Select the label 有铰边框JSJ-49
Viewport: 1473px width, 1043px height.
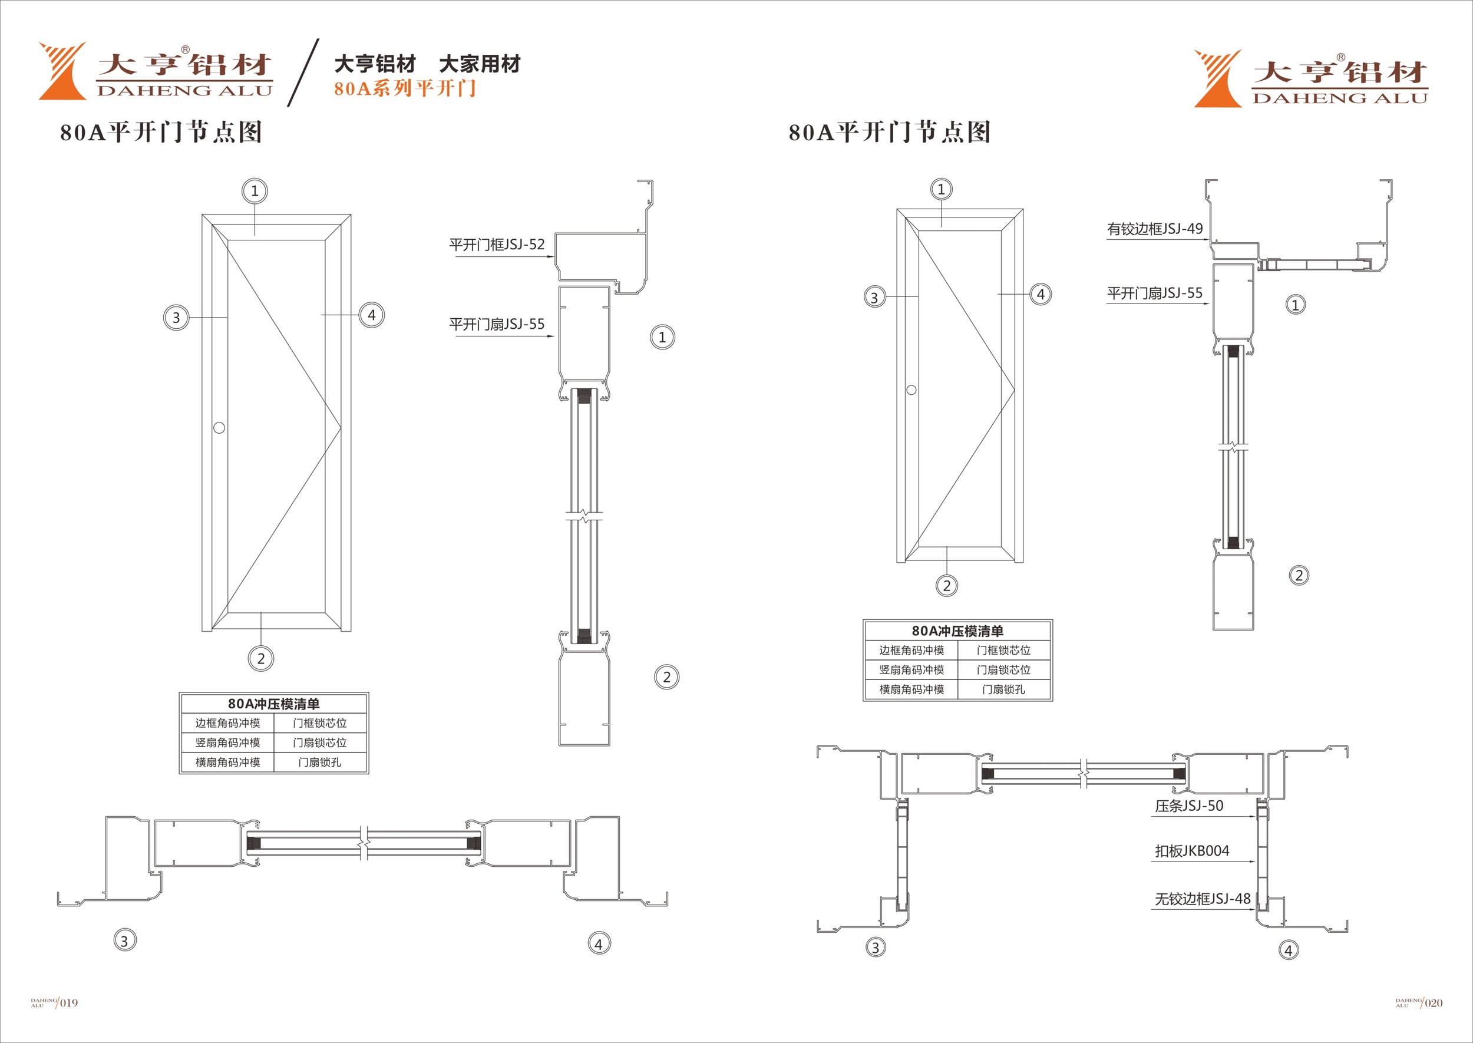1154,229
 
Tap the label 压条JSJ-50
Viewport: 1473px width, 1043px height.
1188,806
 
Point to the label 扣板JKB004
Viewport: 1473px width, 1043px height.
1192,851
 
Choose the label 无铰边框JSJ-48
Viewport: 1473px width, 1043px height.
1202,899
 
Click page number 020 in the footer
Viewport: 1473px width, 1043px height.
1433,1003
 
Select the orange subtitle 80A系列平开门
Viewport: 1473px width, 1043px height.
405,88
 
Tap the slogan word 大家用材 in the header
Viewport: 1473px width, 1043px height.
480,64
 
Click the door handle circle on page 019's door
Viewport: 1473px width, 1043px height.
219,428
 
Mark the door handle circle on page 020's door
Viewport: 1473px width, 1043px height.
911,390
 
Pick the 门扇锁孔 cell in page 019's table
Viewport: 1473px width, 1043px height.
320,763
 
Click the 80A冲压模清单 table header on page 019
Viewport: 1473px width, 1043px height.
273,704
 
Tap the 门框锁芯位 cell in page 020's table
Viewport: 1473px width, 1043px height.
1003,651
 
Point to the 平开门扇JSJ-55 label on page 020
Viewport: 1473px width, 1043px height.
1154,293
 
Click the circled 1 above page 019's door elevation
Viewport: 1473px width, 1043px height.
255,191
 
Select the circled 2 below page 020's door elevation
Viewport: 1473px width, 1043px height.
946,586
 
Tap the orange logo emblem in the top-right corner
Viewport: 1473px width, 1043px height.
1217,78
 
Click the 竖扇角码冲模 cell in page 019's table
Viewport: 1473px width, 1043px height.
228,743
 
